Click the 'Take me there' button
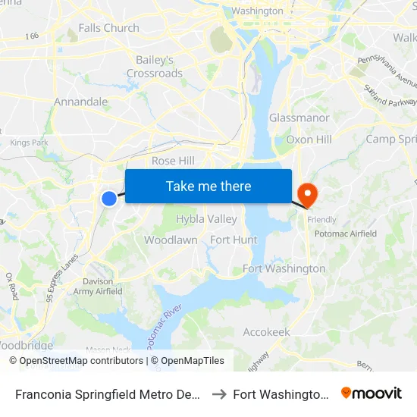pyautogui.click(x=208, y=187)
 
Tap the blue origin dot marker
pyautogui.click(x=109, y=198)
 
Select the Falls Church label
pyautogui.click(x=109, y=28)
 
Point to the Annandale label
pyautogui.click(x=81, y=102)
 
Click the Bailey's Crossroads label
pyautogui.click(x=155, y=67)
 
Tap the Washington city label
pyautogui.click(x=257, y=11)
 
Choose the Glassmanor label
pyautogui.click(x=299, y=118)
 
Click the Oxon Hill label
pyautogui.click(x=309, y=140)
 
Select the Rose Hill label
pyautogui.click(x=173, y=161)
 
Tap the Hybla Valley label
pyautogui.click(x=206, y=219)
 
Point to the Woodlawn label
pyautogui.click(x=171, y=240)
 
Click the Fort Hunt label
pyautogui.click(x=234, y=240)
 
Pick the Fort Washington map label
pyautogui.click(x=284, y=268)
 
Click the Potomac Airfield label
pyautogui.click(x=345, y=234)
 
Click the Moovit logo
pyautogui.click(x=372, y=393)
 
